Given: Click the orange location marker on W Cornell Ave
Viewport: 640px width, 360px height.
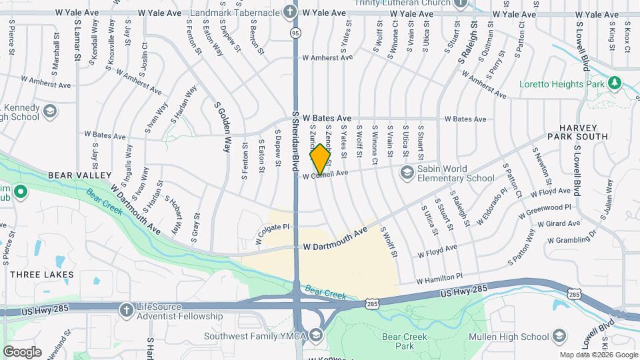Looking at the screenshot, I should [321, 159].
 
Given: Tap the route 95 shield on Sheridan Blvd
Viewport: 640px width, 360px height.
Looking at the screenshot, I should [295, 32].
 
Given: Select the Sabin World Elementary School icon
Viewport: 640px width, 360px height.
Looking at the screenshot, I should [406, 173].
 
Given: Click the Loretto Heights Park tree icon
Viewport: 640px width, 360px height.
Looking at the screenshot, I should [614, 84].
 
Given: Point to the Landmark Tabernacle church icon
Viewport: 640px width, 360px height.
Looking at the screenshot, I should [289, 11].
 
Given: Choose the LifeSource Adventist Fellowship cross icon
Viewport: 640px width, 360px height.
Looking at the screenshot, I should [126, 311].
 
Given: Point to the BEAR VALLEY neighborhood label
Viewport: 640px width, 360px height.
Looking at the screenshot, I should [79, 175].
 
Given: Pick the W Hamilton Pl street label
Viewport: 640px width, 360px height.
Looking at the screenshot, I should [439, 277].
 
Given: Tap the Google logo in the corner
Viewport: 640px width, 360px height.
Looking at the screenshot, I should [22, 351].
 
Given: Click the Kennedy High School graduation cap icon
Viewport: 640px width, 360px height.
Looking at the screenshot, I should [49, 111].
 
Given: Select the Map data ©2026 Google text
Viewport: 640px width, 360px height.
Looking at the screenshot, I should [597, 355].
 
